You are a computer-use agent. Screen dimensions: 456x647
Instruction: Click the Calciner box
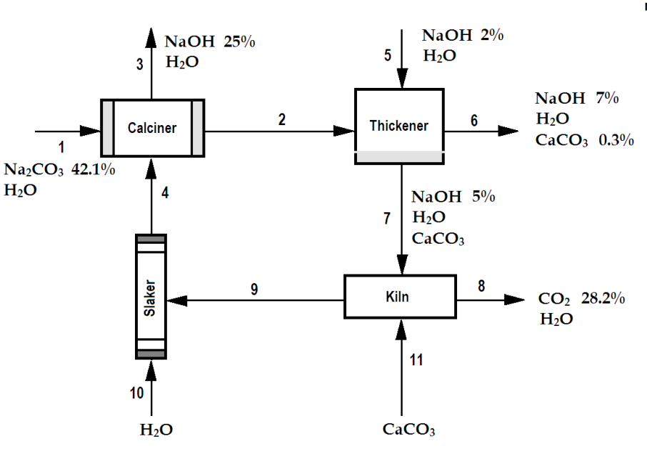pyautogui.click(x=151, y=128)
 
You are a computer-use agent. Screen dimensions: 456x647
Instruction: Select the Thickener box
pyautogui.click(x=399, y=126)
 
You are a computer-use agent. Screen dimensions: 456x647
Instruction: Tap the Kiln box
pyautogui.click(x=400, y=296)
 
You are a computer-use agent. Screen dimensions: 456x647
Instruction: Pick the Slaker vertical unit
pyautogui.click(x=151, y=296)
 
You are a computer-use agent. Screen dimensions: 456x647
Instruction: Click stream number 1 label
pyautogui.click(x=61, y=147)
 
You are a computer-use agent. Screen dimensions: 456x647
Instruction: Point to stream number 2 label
pyautogui.click(x=282, y=119)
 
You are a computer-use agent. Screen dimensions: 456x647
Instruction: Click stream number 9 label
pyautogui.click(x=254, y=289)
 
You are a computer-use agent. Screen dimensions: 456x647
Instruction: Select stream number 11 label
pyautogui.click(x=416, y=360)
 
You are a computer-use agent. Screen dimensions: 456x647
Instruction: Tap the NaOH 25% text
pyautogui.click(x=210, y=42)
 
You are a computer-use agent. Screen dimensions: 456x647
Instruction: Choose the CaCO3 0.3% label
pyautogui.click(x=584, y=140)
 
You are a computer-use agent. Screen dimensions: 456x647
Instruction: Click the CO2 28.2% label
pyautogui.click(x=582, y=298)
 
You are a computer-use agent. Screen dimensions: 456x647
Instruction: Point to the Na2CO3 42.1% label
pyautogui.click(x=60, y=169)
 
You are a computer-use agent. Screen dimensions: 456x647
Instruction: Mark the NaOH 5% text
pyautogui.click(x=453, y=197)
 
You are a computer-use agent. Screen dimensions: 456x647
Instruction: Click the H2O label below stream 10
pyautogui.click(x=156, y=430)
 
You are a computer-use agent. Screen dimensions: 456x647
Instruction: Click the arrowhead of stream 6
pyautogui.click(x=508, y=131)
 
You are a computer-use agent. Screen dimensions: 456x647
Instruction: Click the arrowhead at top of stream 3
pyautogui.click(x=151, y=36)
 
